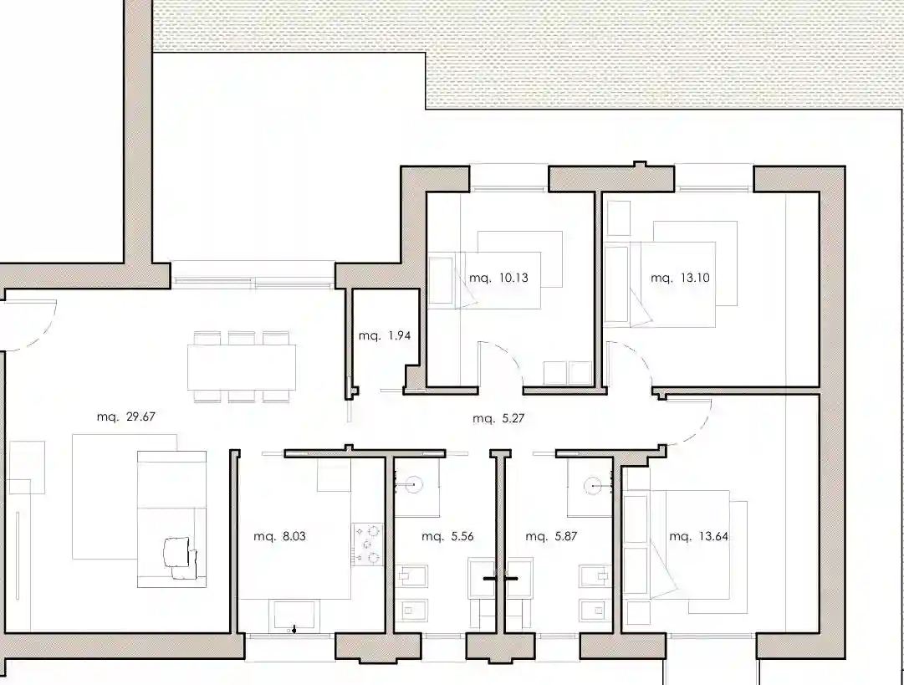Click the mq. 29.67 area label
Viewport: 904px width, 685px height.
point(125,417)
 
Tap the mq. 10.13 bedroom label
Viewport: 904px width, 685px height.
point(498,278)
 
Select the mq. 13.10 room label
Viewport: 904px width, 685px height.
point(680,278)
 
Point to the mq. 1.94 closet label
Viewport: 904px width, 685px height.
point(384,335)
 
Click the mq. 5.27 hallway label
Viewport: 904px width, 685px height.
point(498,418)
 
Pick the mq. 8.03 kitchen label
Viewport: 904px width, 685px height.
point(279,536)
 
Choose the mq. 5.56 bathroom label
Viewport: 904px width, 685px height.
point(447,536)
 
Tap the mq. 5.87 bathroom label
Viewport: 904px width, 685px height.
point(551,536)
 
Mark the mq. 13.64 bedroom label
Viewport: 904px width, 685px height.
point(698,536)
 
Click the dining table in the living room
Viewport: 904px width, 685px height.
point(242,366)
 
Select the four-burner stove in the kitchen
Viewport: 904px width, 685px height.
point(368,544)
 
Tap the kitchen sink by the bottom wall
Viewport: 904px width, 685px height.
point(294,616)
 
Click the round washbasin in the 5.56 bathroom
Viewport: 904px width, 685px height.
point(413,485)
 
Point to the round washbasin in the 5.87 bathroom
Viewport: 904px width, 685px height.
point(593,486)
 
